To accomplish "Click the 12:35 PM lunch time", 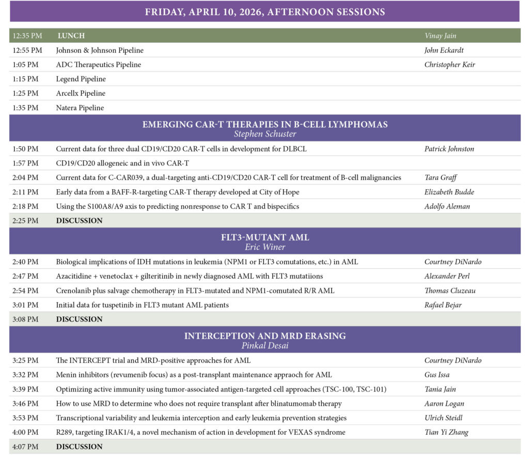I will tap(27, 36).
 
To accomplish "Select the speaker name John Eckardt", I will tap(444, 50).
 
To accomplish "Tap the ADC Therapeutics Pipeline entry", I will tap(98, 65).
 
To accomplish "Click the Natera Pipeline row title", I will tap(80, 108).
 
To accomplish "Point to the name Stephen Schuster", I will tap(264, 134).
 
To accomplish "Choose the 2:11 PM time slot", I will tap(26, 192).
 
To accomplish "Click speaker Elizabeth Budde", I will tap(449, 192).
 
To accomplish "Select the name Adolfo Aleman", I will tap(447, 206).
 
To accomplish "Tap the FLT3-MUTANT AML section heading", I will tap(264, 237).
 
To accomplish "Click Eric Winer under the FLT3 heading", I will tap(264, 247).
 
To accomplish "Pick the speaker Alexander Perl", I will tap(447, 276).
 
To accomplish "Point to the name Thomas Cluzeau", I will tap(450, 291).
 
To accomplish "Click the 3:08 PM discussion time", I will tap(26, 319).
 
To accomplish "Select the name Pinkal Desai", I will tap(264, 345).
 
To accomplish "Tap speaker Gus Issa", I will tap(437, 374).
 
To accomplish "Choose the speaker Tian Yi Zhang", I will tap(446, 432).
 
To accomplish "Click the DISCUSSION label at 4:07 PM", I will tap(79, 446).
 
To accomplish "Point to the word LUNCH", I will tap(71, 36).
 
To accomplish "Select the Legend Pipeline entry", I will tap(81, 79).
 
